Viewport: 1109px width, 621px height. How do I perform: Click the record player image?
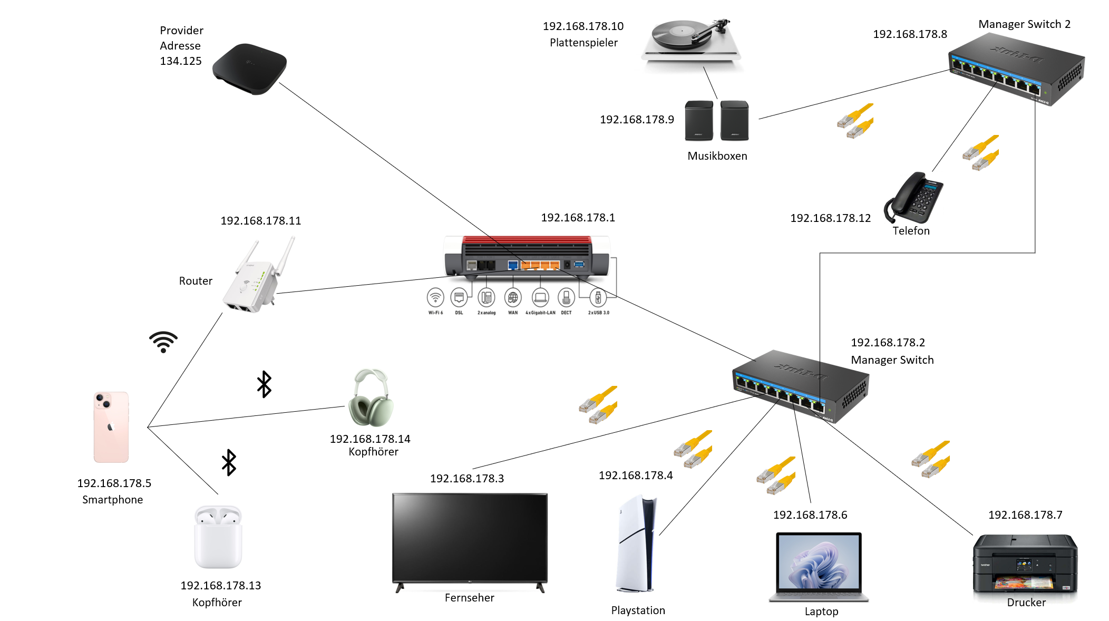(x=691, y=42)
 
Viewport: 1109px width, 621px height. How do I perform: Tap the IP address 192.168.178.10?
(x=583, y=26)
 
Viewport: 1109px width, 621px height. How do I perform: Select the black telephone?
(x=915, y=198)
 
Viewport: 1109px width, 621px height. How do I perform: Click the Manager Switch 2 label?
(x=1024, y=24)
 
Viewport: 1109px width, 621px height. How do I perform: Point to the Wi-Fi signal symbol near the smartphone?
(x=163, y=342)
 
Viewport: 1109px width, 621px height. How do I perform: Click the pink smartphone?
(x=111, y=427)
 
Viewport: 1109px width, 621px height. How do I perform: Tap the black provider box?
(x=249, y=69)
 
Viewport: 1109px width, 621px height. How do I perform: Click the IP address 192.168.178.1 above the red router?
(x=578, y=218)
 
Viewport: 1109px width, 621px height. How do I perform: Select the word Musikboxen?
(x=717, y=156)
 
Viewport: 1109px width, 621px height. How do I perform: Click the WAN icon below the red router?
(x=513, y=298)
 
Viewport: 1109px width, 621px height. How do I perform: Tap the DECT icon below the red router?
(x=566, y=298)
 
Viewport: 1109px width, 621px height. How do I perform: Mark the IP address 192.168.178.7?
(x=1025, y=515)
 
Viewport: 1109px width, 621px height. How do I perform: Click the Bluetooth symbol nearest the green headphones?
(x=264, y=384)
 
